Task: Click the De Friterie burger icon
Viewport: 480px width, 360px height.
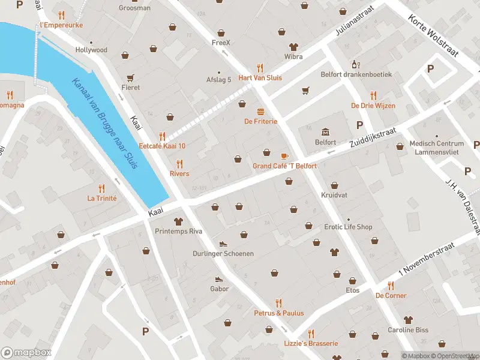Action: click(260, 111)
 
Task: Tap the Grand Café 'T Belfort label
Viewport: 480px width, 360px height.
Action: click(284, 166)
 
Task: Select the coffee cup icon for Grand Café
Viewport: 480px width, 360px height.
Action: click(284, 155)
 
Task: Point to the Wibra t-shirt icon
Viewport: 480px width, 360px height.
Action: click(293, 47)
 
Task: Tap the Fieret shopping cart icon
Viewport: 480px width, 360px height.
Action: click(130, 77)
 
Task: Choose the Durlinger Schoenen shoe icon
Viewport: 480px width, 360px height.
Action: click(223, 244)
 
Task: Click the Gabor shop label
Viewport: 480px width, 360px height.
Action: click(219, 289)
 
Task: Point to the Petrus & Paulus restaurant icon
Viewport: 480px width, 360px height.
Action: click(278, 303)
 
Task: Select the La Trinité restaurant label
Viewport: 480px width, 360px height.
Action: click(101, 198)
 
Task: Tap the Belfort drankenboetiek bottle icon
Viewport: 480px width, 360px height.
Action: click(355, 64)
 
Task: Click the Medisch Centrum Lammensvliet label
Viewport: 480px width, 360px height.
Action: click(436, 148)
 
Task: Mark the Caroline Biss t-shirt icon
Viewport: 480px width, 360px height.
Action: click(409, 320)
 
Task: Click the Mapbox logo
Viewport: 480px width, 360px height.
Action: click(26, 353)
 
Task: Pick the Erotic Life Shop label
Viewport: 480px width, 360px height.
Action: click(348, 227)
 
